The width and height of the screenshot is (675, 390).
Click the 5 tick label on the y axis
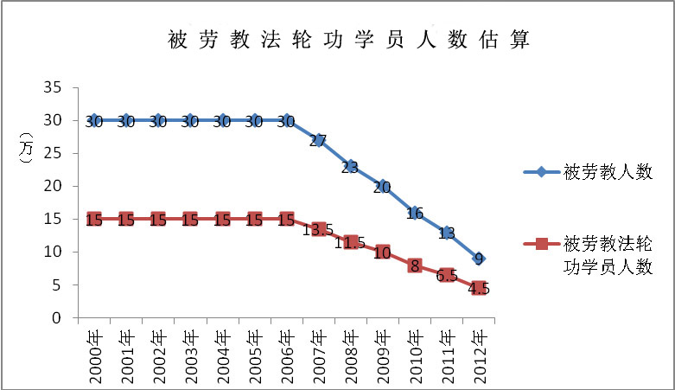tap(58, 285)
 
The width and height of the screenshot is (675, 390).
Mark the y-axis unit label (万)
tap(26, 154)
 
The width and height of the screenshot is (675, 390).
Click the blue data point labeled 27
tap(319, 140)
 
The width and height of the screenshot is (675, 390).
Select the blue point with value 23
tap(351, 166)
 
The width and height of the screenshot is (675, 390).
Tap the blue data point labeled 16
tap(416, 212)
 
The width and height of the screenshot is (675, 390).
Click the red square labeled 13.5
tap(319, 229)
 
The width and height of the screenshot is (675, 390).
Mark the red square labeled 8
tap(416, 265)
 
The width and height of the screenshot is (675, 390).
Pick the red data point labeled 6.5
tap(448, 275)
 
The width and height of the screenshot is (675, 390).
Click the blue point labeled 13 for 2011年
tap(448, 232)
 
